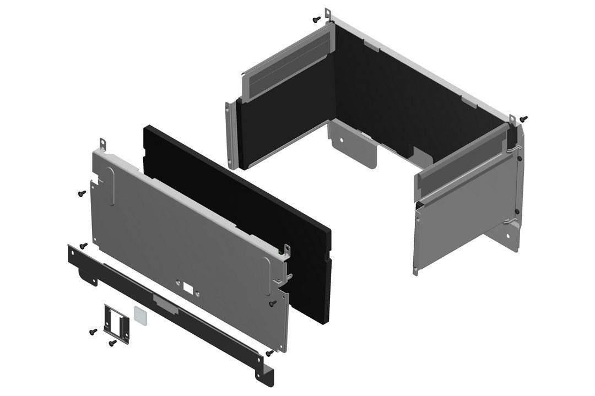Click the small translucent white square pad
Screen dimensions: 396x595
[140, 316]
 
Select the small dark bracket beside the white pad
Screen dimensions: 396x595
[117, 322]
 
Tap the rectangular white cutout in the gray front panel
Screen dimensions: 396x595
[187, 287]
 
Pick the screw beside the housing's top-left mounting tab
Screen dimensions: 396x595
[316, 19]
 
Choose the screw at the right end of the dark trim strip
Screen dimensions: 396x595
[269, 353]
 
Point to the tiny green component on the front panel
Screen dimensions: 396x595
[281, 253]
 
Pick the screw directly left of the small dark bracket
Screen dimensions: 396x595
[93, 332]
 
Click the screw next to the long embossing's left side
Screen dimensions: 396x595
[82, 193]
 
